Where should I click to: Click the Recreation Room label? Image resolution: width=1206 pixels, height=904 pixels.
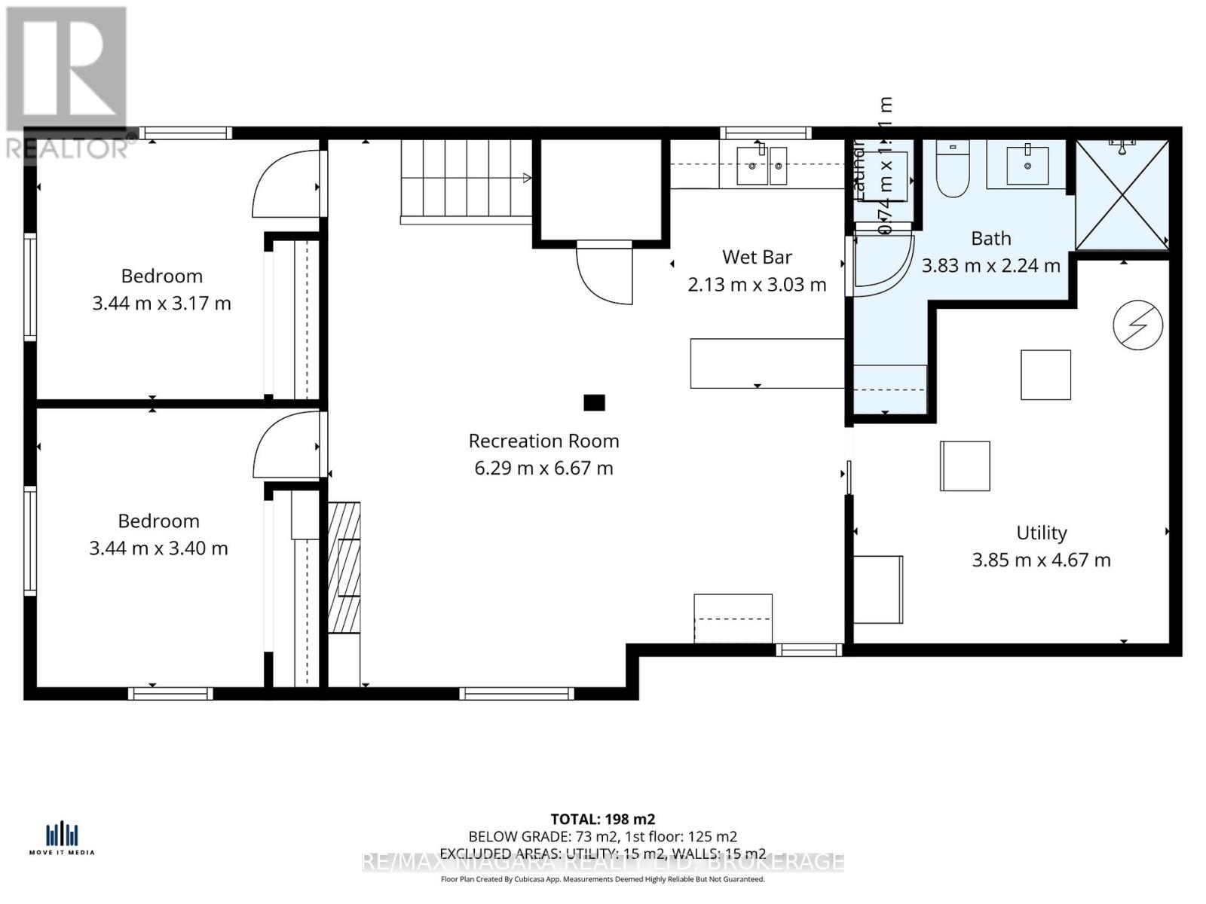[x=543, y=441]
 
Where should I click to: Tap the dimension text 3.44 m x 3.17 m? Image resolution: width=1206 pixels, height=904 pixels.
[x=161, y=304]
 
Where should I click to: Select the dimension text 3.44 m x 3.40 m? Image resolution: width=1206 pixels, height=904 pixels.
[x=158, y=548]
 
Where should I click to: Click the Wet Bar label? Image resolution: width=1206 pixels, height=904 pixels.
[x=757, y=257]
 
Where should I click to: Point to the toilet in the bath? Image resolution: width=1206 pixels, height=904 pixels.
[x=953, y=171]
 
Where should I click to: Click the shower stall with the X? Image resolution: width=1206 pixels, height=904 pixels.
[x=1122, y=194]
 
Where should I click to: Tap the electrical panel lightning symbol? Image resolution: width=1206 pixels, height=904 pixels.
[x=1138, y=325]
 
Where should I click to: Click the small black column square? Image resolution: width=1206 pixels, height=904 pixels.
[x=594, y=403]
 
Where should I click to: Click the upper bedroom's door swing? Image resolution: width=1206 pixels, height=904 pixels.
[x=286, y=185]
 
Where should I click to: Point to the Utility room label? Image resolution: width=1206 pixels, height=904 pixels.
[x=1042, y=533]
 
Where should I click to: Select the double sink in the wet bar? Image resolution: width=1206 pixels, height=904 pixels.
[x=761, y=166]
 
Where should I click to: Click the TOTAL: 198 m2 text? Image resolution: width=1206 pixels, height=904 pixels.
[x=603, y=819]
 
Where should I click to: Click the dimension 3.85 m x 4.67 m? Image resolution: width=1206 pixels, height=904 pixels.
[x=1041, y=560]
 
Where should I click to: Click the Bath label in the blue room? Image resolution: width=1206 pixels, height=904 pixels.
[x=990, y=238]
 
